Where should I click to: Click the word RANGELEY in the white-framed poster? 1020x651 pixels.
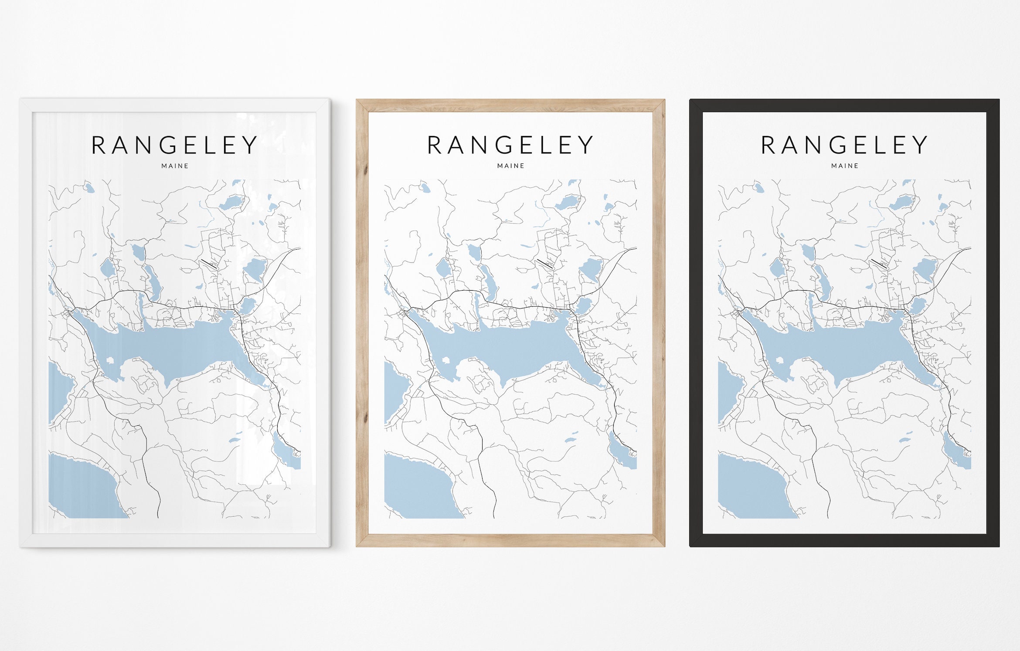point(174,145)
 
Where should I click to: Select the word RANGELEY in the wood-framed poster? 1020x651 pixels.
point(510,145)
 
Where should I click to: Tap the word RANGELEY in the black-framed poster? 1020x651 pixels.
point(844,145)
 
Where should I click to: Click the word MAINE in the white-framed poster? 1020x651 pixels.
point(175,166)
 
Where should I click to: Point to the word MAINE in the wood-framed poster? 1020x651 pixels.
point(511,166)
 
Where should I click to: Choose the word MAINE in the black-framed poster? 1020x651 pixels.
point(845,166)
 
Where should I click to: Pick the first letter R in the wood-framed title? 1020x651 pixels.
point(434,145)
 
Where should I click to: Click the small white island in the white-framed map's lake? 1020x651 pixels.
point(109,360)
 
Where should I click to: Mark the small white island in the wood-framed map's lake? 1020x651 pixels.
point(446,360)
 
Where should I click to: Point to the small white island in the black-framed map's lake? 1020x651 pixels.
point(779,360)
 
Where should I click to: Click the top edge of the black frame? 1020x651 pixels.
point(844,105)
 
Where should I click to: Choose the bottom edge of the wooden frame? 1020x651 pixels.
point(510,540)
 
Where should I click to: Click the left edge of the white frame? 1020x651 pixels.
point(26,322)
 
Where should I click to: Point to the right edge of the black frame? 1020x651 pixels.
point(993,322)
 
